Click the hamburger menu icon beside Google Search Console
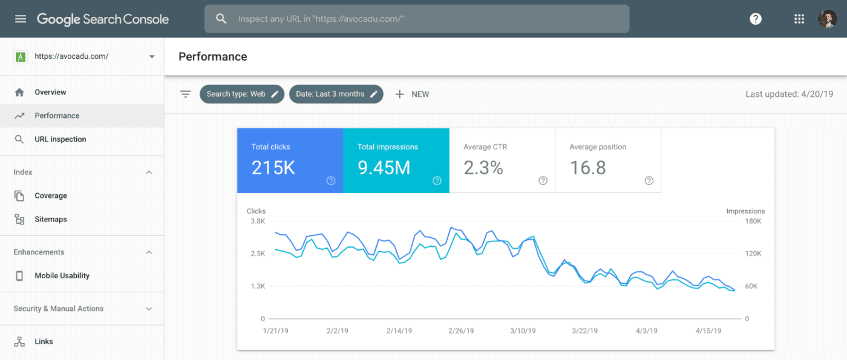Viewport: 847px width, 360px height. click(21, 19)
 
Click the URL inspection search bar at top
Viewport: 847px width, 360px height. click(417, 19)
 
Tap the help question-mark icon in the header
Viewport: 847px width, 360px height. click(755, 19)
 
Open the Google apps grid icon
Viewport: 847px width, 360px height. click(799, 19)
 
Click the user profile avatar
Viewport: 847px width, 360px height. click(827, 19)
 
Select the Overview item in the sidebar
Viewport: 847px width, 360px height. click(50, 93)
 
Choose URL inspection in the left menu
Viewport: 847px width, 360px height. click(60, 139)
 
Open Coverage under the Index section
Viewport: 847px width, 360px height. click(51, 196)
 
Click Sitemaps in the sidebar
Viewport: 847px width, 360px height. click(51, 220)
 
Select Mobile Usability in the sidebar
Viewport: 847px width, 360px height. click(62, 276)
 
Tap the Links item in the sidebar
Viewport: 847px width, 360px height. click(44, 342)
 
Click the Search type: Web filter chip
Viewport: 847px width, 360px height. click(241, 94)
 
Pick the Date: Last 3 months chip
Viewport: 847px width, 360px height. click(336, 94)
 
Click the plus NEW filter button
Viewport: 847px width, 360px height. click(412, 94)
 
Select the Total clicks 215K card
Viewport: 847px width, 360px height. click(290, 161)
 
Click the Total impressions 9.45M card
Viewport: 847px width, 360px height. click(396, 161)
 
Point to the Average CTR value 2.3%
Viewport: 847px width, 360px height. click(483, 168)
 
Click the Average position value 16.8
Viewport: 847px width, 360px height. click(587, 168)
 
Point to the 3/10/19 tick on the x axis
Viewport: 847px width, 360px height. click(523, 331)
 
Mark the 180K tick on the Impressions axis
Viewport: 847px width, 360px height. click(753, 221)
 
